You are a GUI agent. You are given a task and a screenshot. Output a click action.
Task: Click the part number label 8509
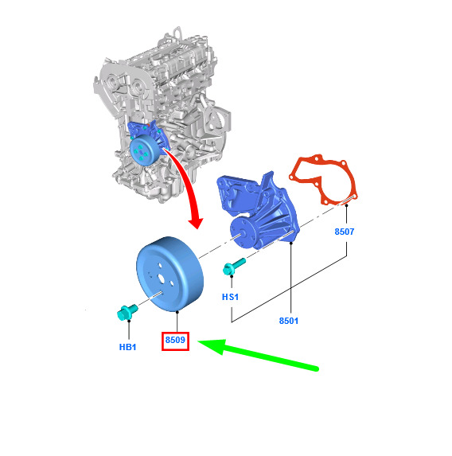tap(175, 340)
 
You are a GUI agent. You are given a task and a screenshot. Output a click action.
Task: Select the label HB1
tap(127, 347)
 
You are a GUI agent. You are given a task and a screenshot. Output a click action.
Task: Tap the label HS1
tap(230, 297)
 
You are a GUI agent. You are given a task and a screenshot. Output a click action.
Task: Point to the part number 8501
tap(289, 321)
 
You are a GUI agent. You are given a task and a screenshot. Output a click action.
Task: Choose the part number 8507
tap(345, 232)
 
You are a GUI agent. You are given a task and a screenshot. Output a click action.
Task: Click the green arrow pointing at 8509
tap(258, 355)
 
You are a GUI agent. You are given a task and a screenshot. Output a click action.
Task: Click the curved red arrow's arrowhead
tap(196, 222)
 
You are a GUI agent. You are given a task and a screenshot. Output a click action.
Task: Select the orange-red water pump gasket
tap(323, 180)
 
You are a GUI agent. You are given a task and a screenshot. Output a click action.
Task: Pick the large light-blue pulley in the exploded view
tap(170, 275)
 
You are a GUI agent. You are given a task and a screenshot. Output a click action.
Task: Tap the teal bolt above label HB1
tap(127, 312)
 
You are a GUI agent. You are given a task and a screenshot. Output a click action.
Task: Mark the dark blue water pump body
tap(258, 210)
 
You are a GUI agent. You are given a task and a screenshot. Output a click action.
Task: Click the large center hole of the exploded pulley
tap(161, 279)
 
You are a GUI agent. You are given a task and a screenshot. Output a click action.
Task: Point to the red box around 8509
tap(175, 341)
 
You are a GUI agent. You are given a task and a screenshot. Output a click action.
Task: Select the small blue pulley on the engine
tap(144, 150)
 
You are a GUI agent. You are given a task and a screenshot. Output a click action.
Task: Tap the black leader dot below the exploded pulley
tap(177, 312)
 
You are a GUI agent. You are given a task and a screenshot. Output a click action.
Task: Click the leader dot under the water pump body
tap(291, 243)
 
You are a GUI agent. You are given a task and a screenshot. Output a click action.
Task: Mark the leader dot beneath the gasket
tap(346, 205)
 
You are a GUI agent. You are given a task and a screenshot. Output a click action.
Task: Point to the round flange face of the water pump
tap(240, 232)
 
